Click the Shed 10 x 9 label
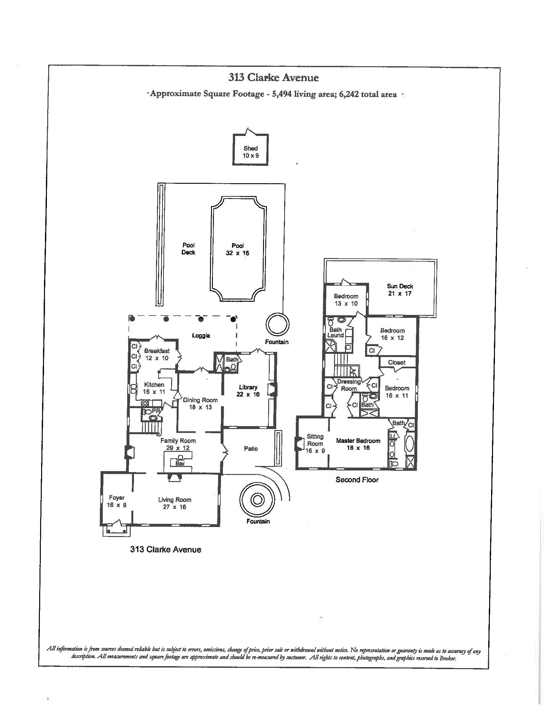coord(251,152)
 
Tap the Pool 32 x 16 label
coord(237,249)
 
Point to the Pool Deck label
coord(188,249)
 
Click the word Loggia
coord(201,336)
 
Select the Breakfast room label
coord(157,354)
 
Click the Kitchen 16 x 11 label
coord(154,388)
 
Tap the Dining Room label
coord(200,403)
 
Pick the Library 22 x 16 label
coord(248,391)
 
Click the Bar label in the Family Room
coord(180,463)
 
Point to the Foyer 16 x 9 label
coord(117,501)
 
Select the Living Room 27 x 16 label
coord(175,503)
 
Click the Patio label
coord(251,448)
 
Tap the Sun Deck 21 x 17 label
coord(400,290)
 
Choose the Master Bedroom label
coord(358,444)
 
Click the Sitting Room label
coord(315,443)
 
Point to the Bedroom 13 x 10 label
coord(346,300)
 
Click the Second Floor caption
coord(357,480)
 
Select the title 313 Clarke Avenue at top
coord(273,78)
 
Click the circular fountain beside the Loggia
coord(277,325)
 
